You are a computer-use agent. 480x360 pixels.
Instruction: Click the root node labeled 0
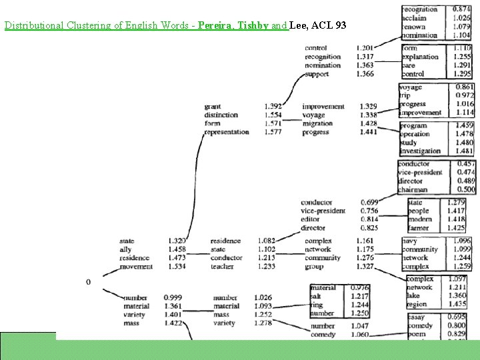pos(89,282)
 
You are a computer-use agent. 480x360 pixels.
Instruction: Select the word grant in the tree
pos(212,107)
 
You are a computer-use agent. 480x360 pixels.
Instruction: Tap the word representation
pos(226,132)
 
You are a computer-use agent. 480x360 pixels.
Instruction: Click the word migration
pos(317,123)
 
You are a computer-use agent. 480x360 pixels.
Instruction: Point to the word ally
pos(125,249)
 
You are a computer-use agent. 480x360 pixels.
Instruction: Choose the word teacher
pos(221,267)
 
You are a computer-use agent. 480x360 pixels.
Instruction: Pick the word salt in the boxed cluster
pos(317,296)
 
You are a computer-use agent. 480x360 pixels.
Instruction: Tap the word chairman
pos(413,189)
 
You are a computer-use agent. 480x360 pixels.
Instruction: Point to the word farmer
pos(418,228)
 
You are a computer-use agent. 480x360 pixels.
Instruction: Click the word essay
pos(415,317)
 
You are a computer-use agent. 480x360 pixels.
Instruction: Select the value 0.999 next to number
pos(172,297)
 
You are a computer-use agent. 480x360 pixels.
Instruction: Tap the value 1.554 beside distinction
pos(273,115)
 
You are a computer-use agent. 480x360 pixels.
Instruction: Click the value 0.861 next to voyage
pos(465,87)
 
